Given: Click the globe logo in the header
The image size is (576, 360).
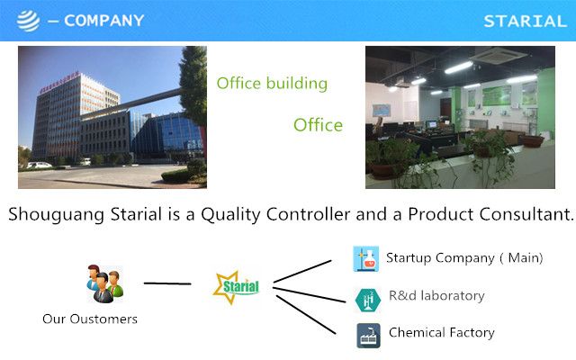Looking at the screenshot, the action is (x=28, y=21).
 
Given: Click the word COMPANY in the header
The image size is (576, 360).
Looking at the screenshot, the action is (x=104, y=21).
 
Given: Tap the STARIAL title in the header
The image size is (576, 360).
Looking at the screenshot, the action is (x=525, y=22).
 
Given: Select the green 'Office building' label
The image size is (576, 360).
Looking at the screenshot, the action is (x=272, y=84).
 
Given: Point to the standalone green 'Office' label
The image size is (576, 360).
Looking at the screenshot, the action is (x=318, y=125).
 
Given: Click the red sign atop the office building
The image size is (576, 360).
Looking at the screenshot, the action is (x=59, y=82).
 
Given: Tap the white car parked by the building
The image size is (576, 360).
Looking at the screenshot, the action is (x=39, y=166).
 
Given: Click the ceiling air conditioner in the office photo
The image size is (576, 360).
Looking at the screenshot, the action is (x=499, y=55).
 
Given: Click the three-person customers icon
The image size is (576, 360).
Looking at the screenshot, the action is (x=105, y=283).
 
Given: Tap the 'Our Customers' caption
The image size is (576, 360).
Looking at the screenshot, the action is (x=90, y=319).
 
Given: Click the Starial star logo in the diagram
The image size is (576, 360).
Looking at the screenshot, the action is (x=236, y=287).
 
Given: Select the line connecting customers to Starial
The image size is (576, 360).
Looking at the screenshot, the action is (x=167, y=283).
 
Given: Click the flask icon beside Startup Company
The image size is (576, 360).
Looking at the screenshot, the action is (x=366, y=258).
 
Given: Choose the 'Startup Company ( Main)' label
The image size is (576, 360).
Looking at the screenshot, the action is (x=464, y=258).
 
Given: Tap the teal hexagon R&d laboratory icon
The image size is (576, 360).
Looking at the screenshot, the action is (x=368, y=300).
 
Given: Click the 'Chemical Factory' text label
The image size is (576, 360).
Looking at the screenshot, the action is (x=442, y=332).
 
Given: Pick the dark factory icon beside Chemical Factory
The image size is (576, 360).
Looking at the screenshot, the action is (x=368, y=336).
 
